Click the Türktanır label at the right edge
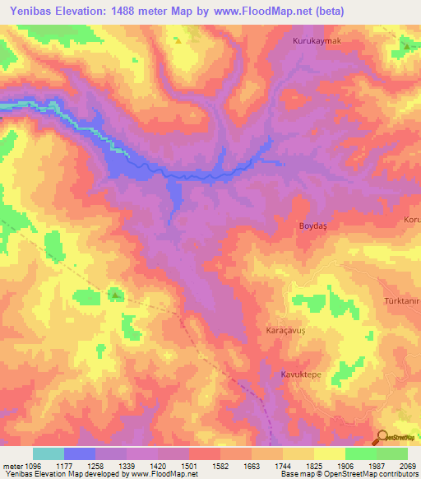[x=403, y=301]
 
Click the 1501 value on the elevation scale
[x=188, y=465]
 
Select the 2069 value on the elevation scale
[x=407, y=465]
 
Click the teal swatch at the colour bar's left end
[x=49, y=453]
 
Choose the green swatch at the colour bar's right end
[x=391, y=453]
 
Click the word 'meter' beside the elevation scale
[x=10, y=465]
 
